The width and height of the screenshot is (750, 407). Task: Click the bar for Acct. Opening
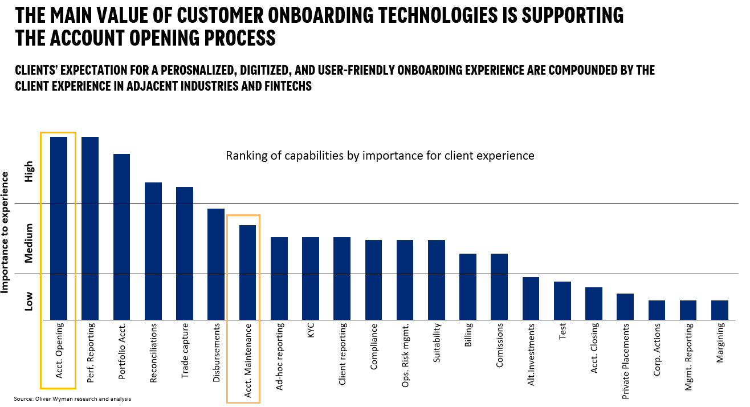(59, 228)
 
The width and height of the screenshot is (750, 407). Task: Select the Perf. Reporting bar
(90, 228)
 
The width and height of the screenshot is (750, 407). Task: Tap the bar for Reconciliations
(153, 251)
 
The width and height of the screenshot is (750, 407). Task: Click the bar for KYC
(311, 278)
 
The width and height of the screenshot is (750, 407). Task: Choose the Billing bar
(468, 286)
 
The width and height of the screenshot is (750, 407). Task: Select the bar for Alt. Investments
(531, 298)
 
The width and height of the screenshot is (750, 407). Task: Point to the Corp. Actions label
(657, 349)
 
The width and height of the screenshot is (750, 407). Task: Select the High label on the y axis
(29, 172)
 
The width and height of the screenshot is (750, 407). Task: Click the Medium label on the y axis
(29, 243)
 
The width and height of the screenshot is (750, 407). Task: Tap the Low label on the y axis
(29, 302)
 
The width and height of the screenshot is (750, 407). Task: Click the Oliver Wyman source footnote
(72, 399)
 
